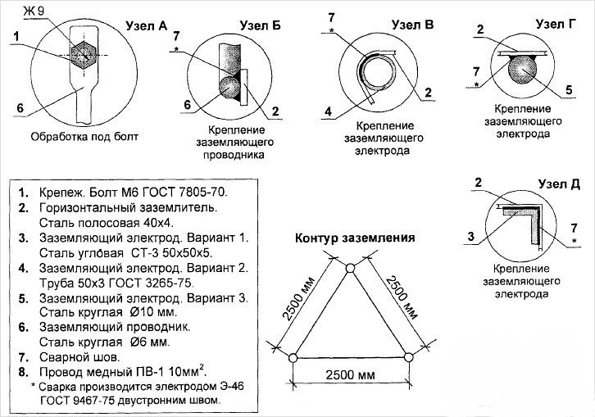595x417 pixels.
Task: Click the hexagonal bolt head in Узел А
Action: pos(84,55)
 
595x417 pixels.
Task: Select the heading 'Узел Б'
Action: pos(261,25)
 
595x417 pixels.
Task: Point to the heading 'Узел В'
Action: pos(412,25)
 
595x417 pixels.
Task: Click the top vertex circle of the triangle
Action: pos(350,268)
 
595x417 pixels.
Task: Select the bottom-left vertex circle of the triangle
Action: pos(293,358)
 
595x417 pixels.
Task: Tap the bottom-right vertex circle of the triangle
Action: pos(408,357)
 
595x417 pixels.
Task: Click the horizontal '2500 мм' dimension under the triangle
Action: pos(350,375)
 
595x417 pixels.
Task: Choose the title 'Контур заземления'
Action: pos(355,238)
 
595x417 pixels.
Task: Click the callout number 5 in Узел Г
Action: pos(569,90)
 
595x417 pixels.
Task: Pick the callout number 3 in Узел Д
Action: pos(471,237)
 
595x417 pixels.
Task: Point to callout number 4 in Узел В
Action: pos(329,111)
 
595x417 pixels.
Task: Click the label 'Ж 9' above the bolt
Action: pos(34,11)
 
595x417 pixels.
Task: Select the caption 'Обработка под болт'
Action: pos(84,137)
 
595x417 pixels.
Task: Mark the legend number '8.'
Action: pos(24,372)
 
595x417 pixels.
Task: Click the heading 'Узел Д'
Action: pos(559,184)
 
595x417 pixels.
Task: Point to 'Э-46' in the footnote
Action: pos(231,387)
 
